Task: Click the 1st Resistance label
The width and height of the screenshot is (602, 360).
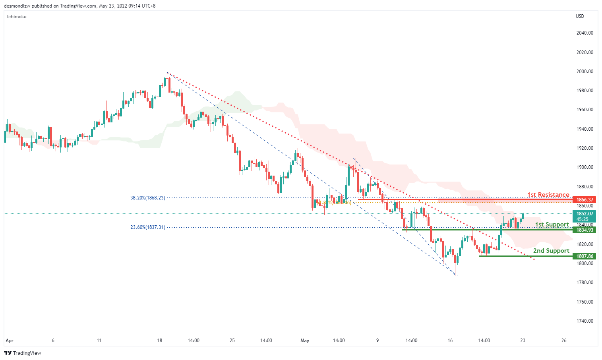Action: click(548, 194)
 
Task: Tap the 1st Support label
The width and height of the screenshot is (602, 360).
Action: click(552, 225)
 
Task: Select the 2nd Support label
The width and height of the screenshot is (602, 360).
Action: click(551, 251)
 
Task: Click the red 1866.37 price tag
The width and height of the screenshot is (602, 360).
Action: click(585, 200)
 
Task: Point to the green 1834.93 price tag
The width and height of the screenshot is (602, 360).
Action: click(585, 230)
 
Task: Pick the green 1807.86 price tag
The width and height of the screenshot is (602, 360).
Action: click(585, 256)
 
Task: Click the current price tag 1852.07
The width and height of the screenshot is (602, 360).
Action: click(585, 214)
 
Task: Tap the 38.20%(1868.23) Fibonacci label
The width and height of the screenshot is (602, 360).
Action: click(147, 198)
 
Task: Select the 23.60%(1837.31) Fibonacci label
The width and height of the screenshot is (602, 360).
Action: click(147, 227)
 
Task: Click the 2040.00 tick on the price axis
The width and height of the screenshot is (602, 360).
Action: click(585, 33)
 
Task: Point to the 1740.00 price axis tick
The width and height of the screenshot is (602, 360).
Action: click(585, 321)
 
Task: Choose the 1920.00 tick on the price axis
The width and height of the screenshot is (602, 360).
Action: click(585, 148)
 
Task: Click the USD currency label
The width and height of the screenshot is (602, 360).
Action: click(580, 16)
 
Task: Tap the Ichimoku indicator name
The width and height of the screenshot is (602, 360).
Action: click(17, 17)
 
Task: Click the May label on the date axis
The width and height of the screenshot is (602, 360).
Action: click(305, 341)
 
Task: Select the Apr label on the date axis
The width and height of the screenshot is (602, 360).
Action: click(10, 341)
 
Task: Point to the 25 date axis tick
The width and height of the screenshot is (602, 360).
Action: click(232, 341)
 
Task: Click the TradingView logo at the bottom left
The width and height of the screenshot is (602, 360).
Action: click(23, 353)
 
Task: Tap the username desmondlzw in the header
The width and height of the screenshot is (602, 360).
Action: click(17, 6)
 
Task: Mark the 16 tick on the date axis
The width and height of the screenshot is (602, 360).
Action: click(450, 341)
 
